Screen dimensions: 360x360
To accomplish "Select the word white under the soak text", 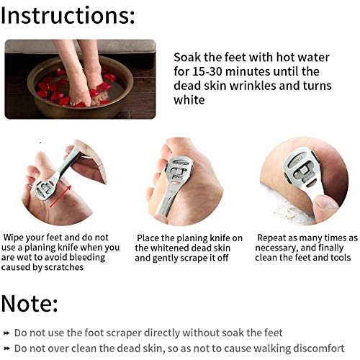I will click(189, 101).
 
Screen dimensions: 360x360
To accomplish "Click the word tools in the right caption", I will click(339, 257).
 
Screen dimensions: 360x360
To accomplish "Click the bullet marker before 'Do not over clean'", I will click(6, 349).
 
